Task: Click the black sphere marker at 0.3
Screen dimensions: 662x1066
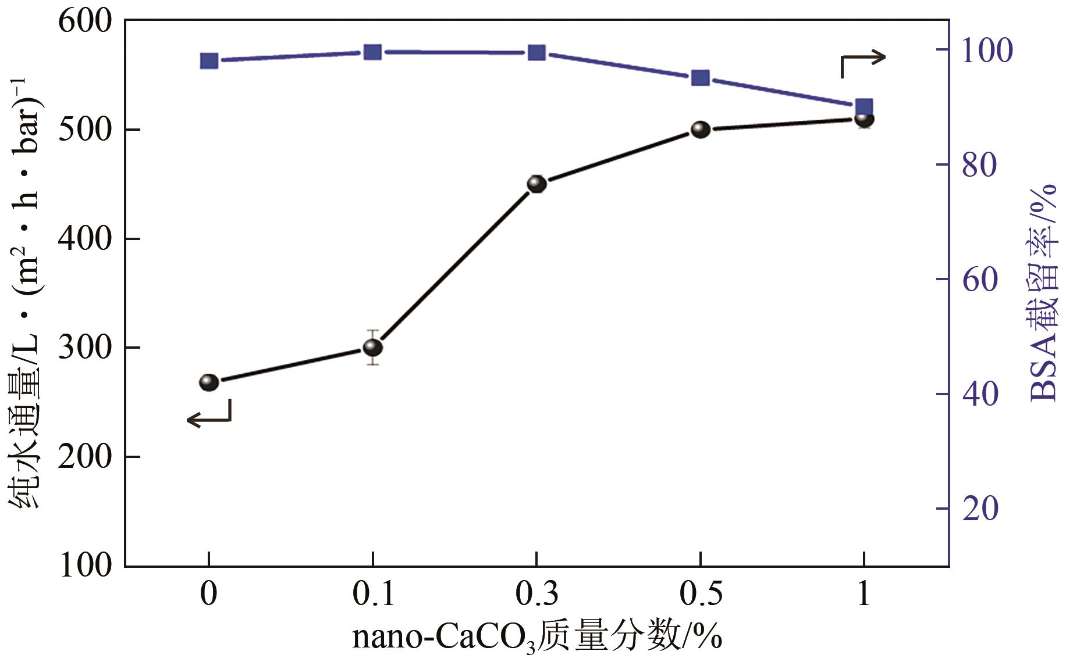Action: point(536,184)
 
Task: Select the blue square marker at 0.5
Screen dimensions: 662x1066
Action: point(700,78)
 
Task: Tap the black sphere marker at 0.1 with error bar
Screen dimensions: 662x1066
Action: point(373,348)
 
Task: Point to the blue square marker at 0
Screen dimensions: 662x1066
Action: point(209,60)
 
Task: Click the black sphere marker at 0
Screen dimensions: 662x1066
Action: point(209,382)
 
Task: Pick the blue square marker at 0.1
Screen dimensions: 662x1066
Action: point(372,52)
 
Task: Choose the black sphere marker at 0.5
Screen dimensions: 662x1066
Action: point(701,130)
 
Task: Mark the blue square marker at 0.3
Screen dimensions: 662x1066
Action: point(536,53)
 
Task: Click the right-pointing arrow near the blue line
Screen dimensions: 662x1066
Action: point(864,62)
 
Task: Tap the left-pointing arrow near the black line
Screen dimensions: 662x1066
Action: point(209,414)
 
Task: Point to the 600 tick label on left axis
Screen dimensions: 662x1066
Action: point(84,22)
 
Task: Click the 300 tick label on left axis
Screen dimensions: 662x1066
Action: point(84,348)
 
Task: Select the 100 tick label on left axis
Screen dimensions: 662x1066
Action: point(84,565)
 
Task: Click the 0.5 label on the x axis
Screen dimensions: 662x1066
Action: point(701,594)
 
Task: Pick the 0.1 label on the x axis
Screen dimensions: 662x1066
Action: point(373,594)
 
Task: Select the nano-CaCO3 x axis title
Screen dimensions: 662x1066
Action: point(536,637)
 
